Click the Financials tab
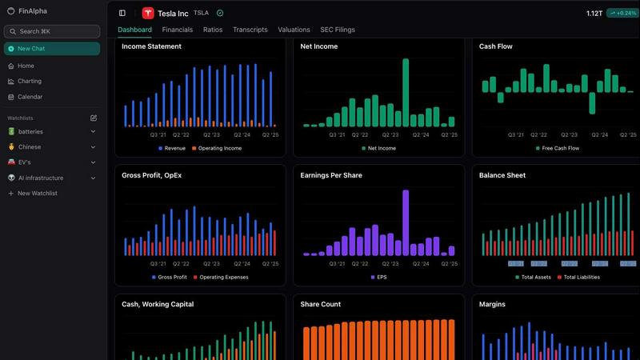tap(177, 30)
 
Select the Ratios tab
tap(213, 30)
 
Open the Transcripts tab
tap(250, 30)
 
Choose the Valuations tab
tap(294, 30)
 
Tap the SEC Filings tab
tap(338, 30)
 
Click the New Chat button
tap(52, 49)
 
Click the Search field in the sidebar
tap(52, 31)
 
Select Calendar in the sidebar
tap(30, 97)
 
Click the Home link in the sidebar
tap(26, 66)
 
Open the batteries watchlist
tap(30, 131)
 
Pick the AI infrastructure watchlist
tap(40, 178)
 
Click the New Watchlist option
tap(39, 194)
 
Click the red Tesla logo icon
tap(148, 13)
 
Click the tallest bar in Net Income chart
tap(406, 92)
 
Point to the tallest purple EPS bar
tap(406, 222)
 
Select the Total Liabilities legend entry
tap(581, 277)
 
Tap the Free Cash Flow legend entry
tap(561, 148)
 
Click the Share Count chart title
tap(320, 304)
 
